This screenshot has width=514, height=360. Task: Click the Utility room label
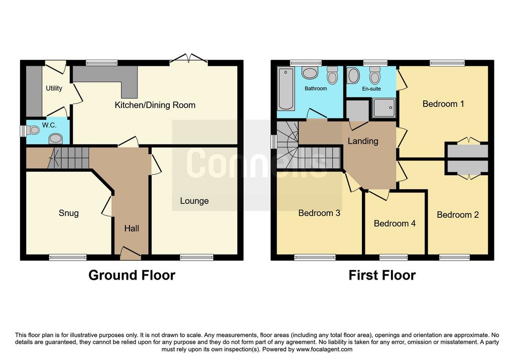pos(54,88)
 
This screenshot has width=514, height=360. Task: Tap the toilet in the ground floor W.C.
pos(33,131)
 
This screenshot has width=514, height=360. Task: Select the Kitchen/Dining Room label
pos(155,105)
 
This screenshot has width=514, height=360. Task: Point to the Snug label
pos(68,213)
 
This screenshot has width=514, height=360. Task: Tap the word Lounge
pos(194,201)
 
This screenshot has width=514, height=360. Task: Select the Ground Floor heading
pos(132,275)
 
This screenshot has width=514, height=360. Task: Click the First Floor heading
pos(382,275)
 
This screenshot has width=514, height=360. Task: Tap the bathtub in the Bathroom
pos(286,89)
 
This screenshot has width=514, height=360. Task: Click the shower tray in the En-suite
pos(384,107)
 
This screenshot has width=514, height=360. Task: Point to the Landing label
pos(363,141)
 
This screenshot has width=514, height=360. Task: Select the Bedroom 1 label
pos(443,104)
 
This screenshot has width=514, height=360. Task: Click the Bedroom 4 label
pos(395,223)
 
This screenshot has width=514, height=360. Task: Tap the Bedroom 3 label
pos(319,213)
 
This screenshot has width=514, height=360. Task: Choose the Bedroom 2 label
pos(458,215)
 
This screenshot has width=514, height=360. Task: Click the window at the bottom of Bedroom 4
pos(394,258)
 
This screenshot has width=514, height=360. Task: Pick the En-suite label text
pos(371,89)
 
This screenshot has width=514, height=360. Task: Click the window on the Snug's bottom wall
pos(68,258)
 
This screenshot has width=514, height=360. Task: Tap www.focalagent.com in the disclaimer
pos(324,349)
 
